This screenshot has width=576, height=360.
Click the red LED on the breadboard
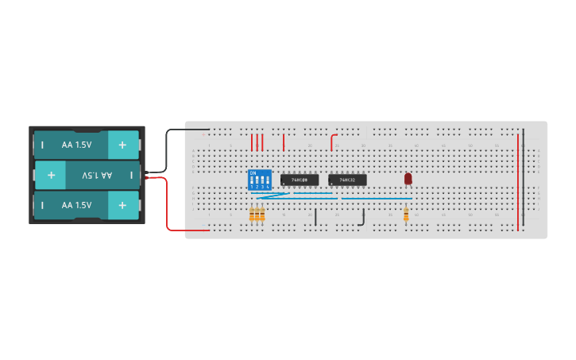(x=408, y=179)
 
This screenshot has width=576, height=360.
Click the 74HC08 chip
(x=300, y=180)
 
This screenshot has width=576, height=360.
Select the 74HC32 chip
(x=347, y=180)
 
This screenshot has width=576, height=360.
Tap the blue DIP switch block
(x=260, y=180)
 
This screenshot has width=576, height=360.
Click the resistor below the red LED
(x=406, y=214)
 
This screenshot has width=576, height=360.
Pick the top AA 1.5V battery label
(x=77, y=145)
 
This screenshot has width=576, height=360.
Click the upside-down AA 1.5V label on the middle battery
(x=97, y=175)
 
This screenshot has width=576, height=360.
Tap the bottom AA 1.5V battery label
(x=77, y=205)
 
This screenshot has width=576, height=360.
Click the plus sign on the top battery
(x=122, y=145)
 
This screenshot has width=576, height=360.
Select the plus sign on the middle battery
(x=51, y=175)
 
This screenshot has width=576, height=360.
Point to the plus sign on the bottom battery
(x=122, y=205)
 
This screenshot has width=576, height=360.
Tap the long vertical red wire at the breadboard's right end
(x=518, y=183)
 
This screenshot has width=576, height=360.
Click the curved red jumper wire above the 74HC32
(x=332, y=141)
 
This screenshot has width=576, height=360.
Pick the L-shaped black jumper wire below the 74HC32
(x=363, y=219)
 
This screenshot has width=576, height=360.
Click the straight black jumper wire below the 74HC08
(x=315, y=217)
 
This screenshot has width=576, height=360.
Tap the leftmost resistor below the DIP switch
(x=252, y=214)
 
